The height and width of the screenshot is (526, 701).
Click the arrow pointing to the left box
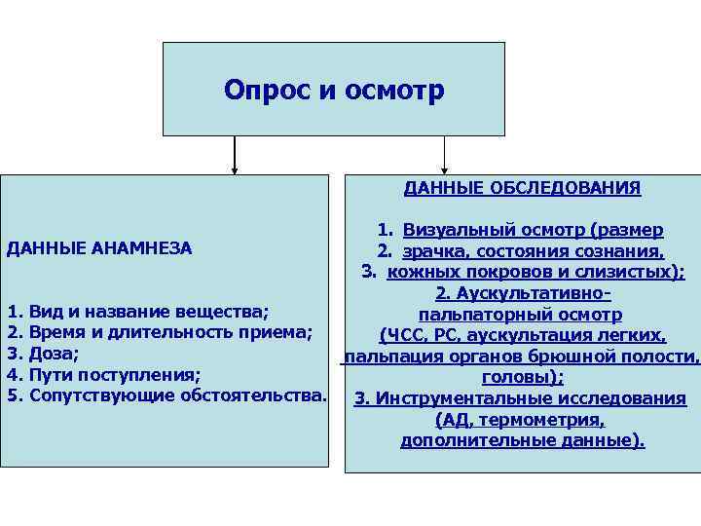[x=235, y=156]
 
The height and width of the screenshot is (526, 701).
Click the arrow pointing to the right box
[x=444, y=156]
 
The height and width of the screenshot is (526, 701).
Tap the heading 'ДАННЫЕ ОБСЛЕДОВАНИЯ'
[x=522, y=188]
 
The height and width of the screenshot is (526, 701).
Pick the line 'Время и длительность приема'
[x=170, y=333]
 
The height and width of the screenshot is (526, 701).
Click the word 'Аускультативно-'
[x=534, y=293]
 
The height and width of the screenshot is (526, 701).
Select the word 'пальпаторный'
[x=474, y=314]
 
